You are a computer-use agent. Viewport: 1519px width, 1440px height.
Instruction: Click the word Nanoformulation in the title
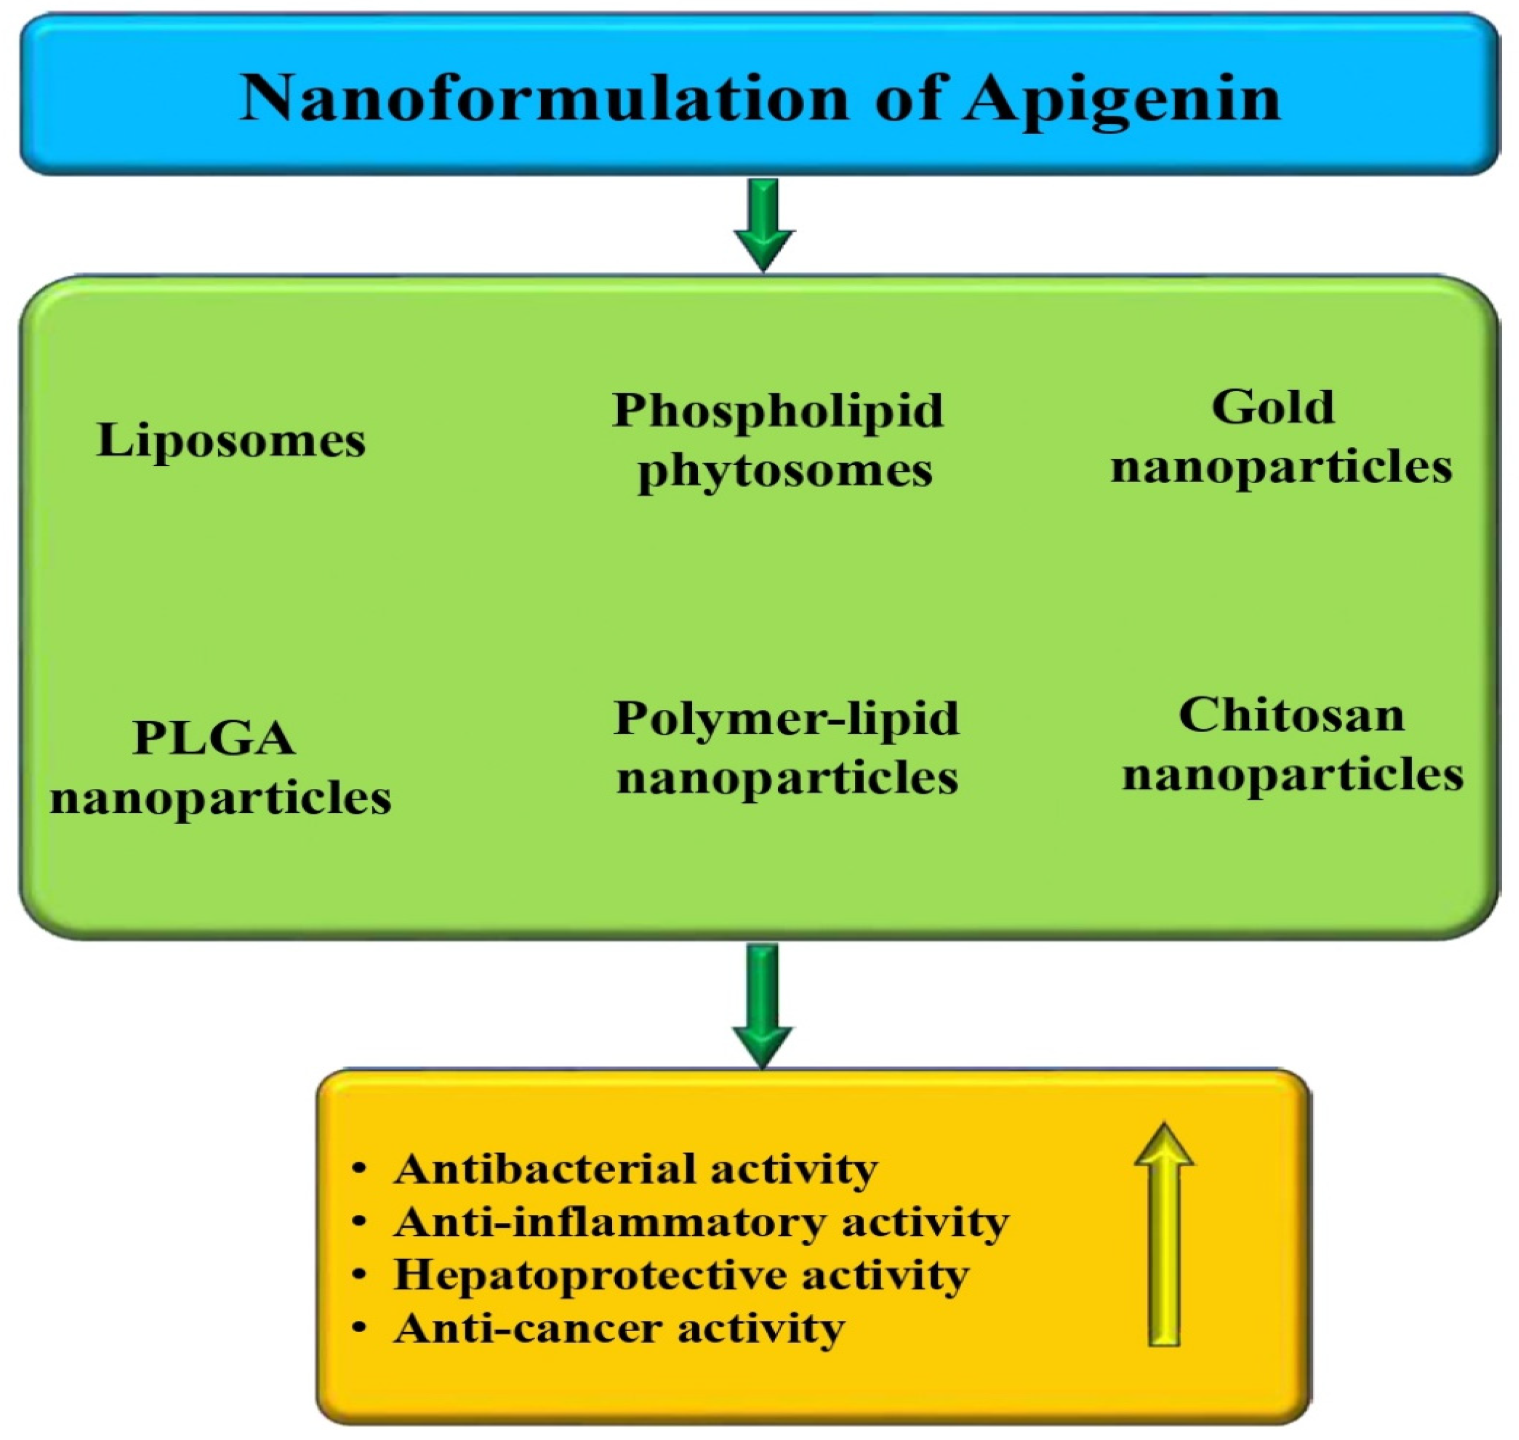[543, 98]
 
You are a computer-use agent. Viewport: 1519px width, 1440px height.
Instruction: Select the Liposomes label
[231, 441]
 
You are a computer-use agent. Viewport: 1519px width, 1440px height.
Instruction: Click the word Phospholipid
[777, 410]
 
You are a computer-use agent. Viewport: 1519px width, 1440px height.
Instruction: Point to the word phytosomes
[784, 470]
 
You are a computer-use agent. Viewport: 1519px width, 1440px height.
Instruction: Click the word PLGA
[214, 739]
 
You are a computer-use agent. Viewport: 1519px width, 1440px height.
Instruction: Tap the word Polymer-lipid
[786, 718]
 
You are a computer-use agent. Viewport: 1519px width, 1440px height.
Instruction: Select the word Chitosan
[1291, 715]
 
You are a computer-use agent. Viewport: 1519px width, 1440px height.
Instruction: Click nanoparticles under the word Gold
[1281, 466]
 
